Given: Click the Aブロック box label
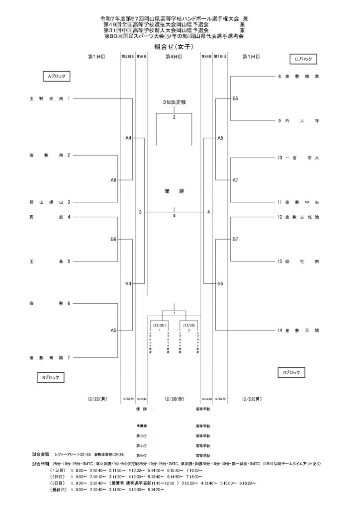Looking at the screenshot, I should click(x=56, y=77).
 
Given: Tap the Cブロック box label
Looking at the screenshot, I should click(x=303, y=59).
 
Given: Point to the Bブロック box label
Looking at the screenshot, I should click(x=51, y=378).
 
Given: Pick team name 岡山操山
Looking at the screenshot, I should click(x=46, y=202).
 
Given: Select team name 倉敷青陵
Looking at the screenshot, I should click(x=46, y=357).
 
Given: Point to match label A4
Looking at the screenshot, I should click(x=128, y=138).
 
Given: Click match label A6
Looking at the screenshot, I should click(x=113, y=180).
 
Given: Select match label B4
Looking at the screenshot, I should click(x=128, y=284).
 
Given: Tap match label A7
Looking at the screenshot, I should click(x=235, y=180).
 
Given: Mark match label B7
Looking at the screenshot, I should click(x=235, y=239).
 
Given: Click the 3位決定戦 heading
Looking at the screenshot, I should click(x=174, y=102).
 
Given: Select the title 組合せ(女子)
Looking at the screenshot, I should click(x=174, y=46).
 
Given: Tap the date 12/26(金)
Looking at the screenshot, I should click(x=174, y=398).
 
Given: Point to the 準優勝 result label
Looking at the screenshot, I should click(x=143, y=426).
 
